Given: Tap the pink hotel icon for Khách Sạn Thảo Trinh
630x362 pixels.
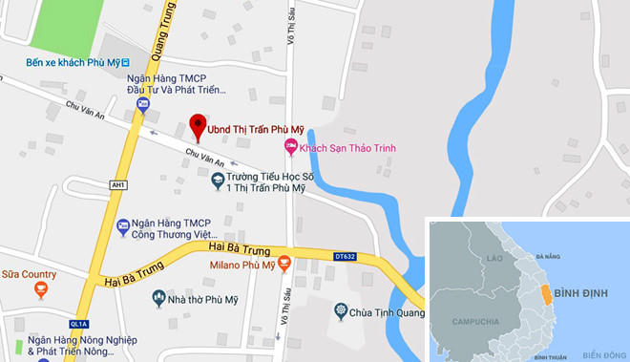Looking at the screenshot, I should [x=291, y=147].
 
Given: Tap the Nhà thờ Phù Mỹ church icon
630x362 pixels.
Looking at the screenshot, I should [x=159, y=299].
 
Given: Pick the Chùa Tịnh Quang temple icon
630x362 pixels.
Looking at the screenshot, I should [x=341, y=310].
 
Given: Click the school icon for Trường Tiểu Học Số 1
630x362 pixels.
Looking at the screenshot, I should [x=218, y=178].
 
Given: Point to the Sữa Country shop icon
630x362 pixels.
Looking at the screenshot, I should [x=40, y=288].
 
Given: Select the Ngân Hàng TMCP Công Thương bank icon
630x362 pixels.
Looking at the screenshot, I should [x=122, y=226].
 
